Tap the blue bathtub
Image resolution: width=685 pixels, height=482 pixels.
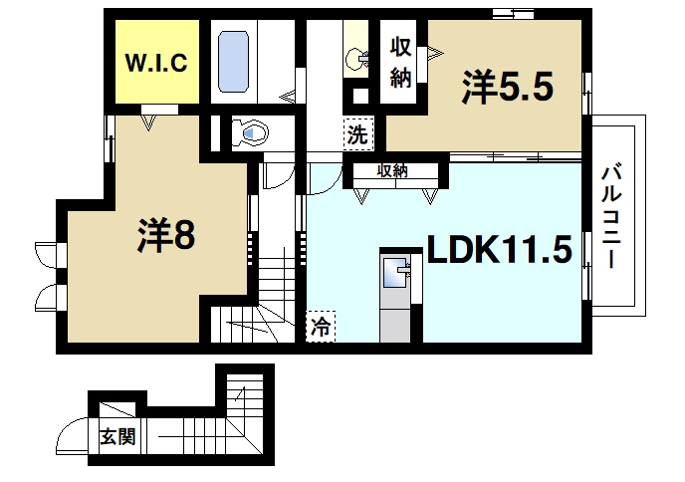click(x=232, y=62)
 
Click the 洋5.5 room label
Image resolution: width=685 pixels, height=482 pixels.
click(x=506, y=89)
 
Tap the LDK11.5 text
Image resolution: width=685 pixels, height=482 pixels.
click(x=498, y=249)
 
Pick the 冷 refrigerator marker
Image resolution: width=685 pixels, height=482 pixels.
click(x=321, y=326)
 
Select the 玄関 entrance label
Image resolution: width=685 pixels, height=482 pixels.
click(x=116, y=435)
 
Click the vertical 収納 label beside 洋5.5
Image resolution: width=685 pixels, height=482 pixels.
click(x=400, y=62)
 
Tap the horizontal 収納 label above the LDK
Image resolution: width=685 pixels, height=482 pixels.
click(x=392, y=171)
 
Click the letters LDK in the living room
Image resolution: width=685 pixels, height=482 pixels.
click(x=461, y=249)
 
